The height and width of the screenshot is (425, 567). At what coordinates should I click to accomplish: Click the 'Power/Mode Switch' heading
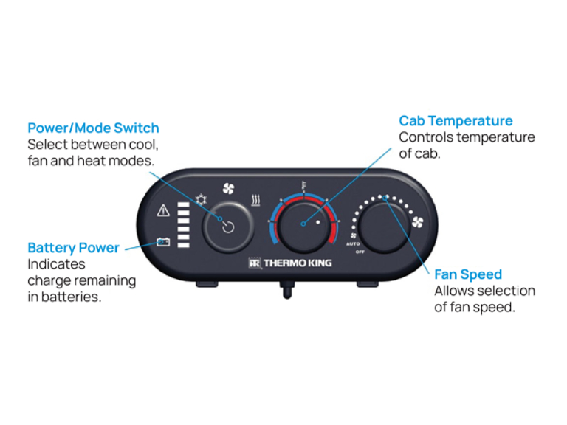[93, 128]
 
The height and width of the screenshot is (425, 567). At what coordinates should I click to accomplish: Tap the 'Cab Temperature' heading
[456, 120]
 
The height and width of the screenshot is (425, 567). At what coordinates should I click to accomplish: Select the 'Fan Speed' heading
[467, 274]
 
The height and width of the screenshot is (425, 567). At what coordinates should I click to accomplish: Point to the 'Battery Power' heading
[73, 248]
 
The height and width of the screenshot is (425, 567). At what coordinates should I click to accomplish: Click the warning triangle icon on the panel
[163, 211]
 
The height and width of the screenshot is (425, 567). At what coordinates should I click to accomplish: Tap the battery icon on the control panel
[163, 241]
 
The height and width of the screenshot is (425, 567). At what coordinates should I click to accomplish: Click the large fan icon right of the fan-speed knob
[417, 221]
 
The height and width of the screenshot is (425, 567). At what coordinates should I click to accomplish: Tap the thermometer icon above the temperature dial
[303, 185]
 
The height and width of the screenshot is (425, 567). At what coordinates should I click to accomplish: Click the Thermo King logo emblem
[255, 262]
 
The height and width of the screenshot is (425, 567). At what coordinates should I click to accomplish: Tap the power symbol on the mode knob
[228, 227]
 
